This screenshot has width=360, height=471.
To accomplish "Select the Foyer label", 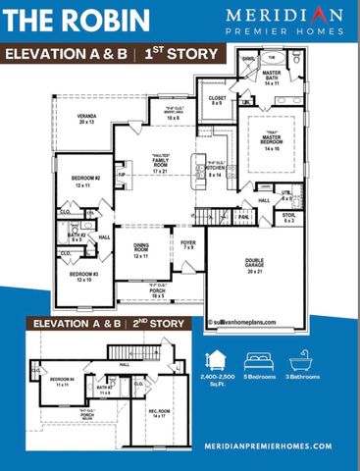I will point(188,244).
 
